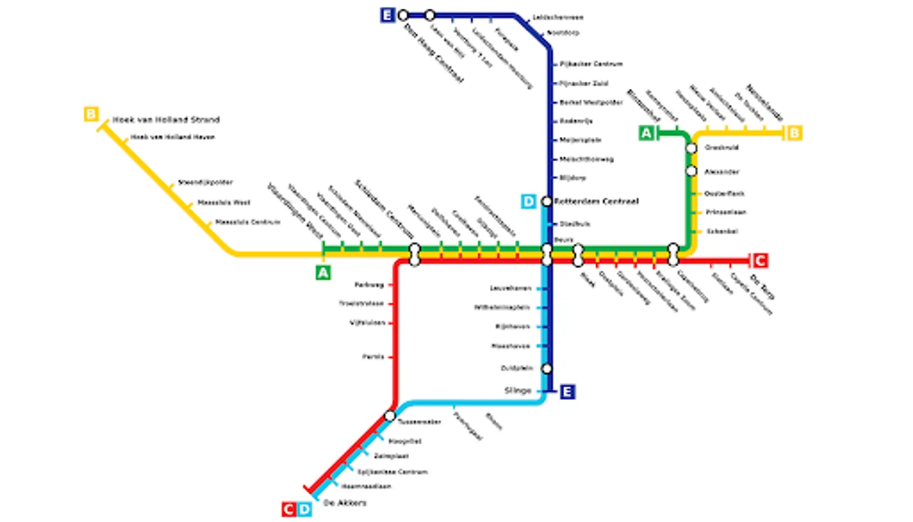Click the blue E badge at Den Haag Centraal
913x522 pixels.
click(387, 15)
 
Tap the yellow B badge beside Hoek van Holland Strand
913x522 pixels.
click(91, 114)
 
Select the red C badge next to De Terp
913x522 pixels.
click(760, 260)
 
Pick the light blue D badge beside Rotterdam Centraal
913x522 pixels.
click(528, 201)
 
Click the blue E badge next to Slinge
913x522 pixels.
click(567, 391)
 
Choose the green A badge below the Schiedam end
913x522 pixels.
click(323, 273)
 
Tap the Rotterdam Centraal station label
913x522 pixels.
click(596, 201)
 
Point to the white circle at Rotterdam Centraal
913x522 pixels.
click(547, 201)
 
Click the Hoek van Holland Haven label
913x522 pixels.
click(172, 137)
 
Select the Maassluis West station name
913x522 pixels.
click(224, 202)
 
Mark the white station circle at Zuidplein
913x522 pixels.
click(547, 368)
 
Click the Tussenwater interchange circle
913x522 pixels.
click(390, 416)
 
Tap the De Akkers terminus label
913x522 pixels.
click(345, 503)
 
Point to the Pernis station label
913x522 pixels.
click(373, 357)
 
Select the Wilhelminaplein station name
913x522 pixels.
click(502, 307)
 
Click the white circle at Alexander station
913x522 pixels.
click(691, 171)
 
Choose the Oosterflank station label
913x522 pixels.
click(724, 193)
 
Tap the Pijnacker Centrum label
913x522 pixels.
click(591, 64)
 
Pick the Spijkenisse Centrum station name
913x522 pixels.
click(392, 472)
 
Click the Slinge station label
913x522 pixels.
click(518, 390)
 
